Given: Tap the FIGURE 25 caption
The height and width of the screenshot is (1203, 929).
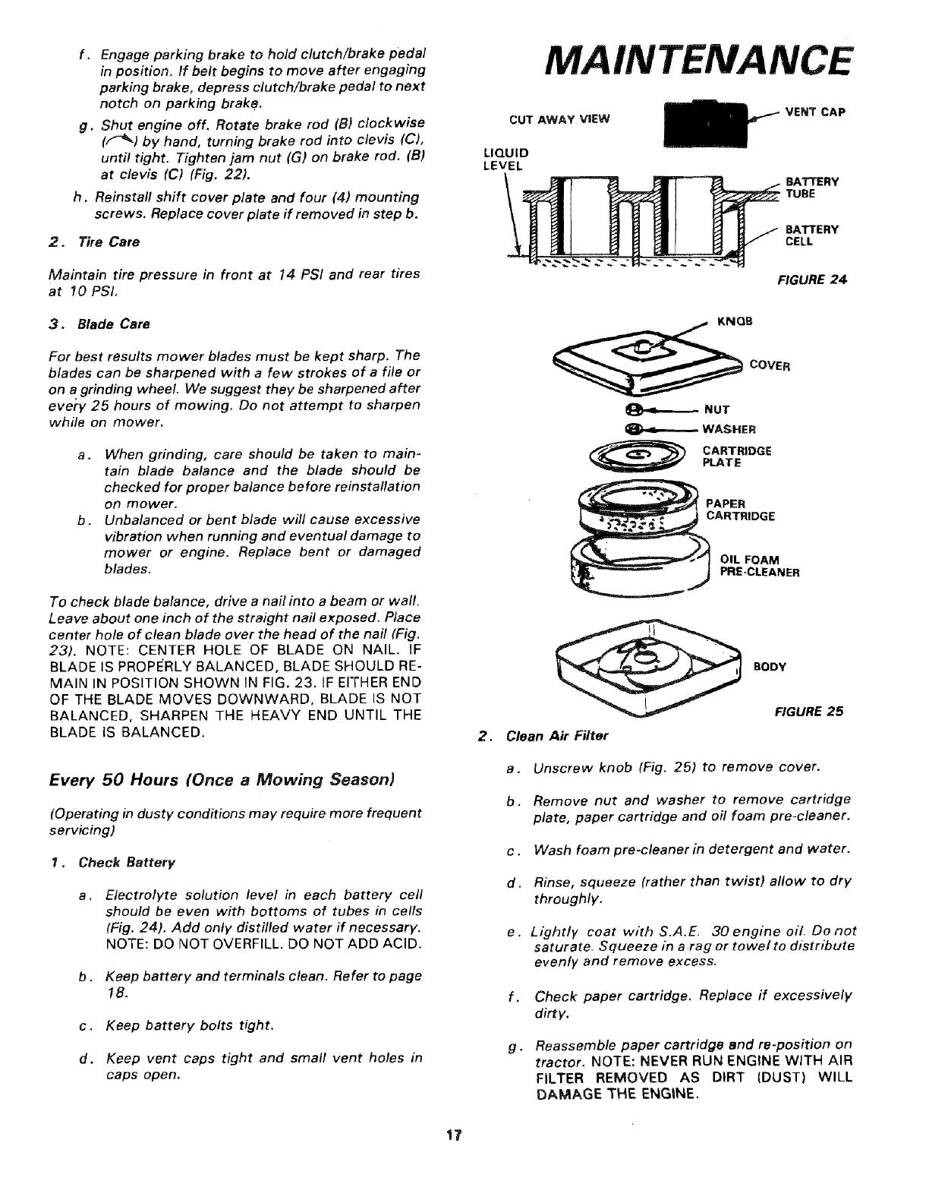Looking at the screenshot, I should (808, 712).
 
